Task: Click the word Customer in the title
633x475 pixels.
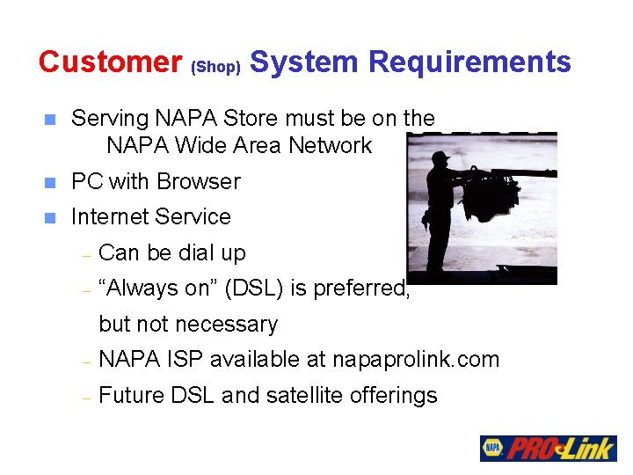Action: tap(110, 62)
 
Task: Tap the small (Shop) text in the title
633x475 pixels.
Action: tap(215, 67)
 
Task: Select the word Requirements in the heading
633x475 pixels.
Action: tap(469, 62)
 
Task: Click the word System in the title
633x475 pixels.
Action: tap(304, 62)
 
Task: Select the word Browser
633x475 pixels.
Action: tap(199, 181)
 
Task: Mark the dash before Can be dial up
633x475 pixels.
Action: tap(85, 254)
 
